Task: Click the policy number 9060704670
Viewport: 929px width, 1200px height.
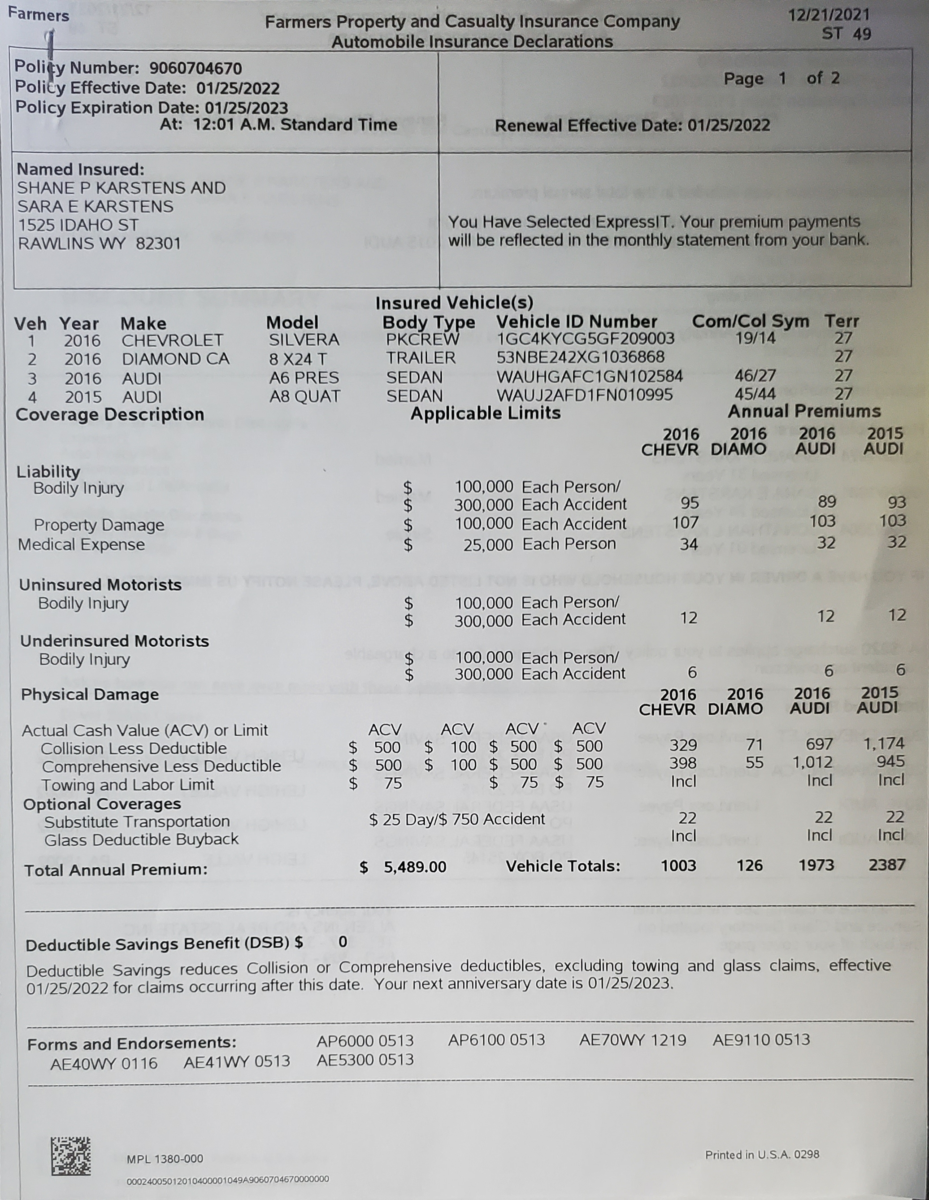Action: coord(195,69)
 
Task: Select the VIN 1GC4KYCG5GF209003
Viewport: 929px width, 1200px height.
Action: coord(585,339)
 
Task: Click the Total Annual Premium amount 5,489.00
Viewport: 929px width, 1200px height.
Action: coord(415,867)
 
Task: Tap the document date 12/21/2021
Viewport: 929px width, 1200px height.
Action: coord(829,15)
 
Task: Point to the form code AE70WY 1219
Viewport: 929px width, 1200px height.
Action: coord(632,1040)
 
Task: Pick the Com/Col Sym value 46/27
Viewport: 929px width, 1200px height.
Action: coord(755,376)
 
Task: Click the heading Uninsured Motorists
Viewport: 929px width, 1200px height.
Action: coord(100,585)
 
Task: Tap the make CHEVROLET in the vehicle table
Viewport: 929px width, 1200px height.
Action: coord(173,341)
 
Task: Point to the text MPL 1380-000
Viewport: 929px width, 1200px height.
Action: coord(165,1159)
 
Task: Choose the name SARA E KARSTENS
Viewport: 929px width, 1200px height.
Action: coord(95,207)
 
